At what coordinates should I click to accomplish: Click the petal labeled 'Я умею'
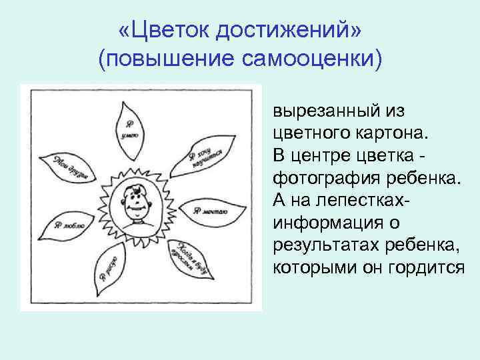pos(129,125)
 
